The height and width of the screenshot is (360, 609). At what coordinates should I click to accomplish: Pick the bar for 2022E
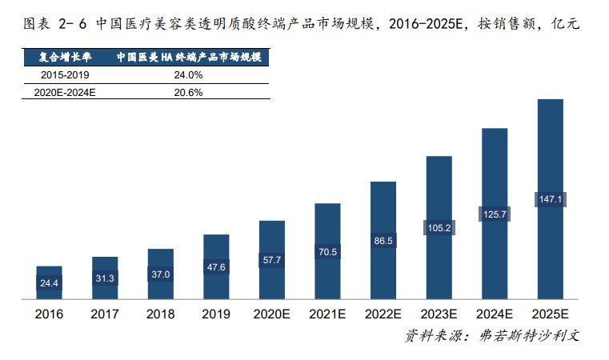[383, 241]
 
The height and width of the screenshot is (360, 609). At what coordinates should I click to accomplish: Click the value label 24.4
[49, 283]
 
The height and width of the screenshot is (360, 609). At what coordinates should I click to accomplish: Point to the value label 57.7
[272, 260]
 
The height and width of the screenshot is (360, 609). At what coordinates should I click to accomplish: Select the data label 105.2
[439, 227]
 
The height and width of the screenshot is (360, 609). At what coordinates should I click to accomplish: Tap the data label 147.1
[550, 199]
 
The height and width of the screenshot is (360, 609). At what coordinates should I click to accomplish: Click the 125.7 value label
[495, 214]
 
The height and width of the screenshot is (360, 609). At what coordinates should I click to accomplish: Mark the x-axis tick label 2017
[105, 314]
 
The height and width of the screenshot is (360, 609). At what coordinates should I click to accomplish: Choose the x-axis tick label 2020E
[272, 314]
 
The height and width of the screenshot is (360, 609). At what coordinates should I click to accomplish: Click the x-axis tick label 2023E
[439, 314]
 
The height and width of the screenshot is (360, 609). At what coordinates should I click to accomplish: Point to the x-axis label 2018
[160, 314]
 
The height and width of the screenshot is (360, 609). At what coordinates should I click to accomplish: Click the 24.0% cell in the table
[188, 74]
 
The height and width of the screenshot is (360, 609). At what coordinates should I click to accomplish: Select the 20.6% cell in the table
[188, 92]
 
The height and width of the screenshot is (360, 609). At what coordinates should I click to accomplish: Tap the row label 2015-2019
[65, 74]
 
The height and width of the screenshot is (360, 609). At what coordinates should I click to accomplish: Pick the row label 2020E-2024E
[65, 92]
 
